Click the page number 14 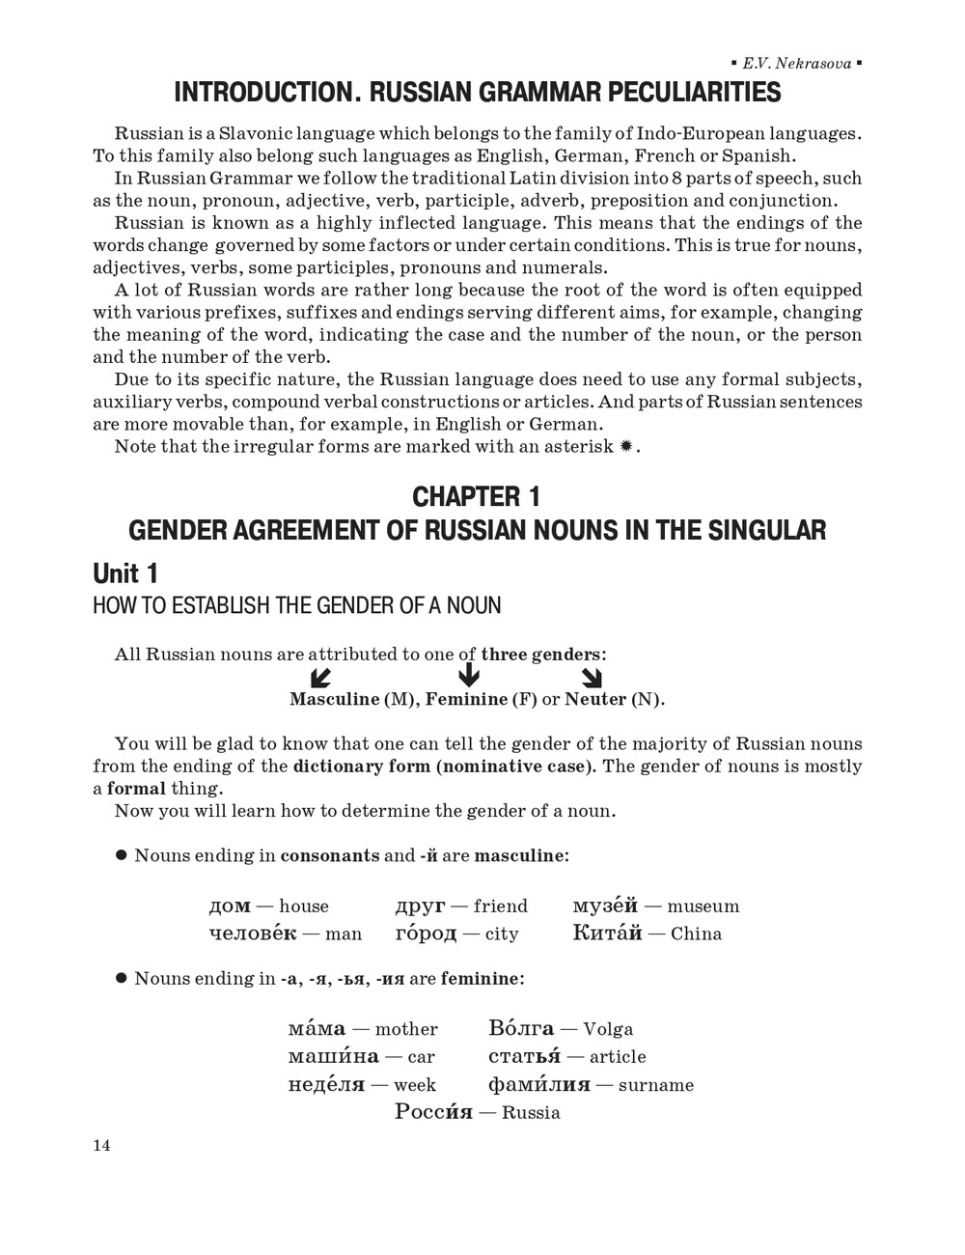tap(101, 1145)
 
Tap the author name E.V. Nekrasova tap(796, 64)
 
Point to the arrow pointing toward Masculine tap(320, 677)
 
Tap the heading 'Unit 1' tap(125, 573)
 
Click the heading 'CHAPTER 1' tap(477, 496)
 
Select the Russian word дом tap(230, 906)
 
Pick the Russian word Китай tap(607, 933)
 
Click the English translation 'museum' tap(703, 906)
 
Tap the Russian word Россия tap(433, 1112)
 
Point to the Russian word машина tap(333, 1057)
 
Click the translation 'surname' tap(656, 1085)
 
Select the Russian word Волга tap(521, 1029)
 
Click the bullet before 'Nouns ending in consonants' tap(122, 855)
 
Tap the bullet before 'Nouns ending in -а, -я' tap(122, 978)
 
